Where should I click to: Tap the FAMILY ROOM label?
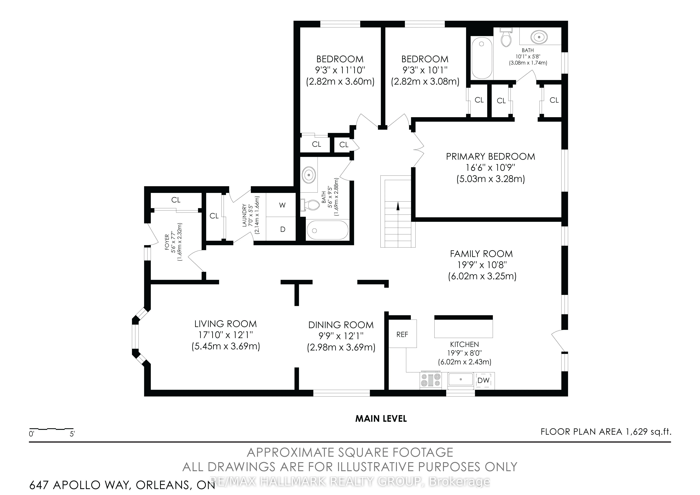[x=481, y=254]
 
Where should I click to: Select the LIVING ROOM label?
[x=226, y=324]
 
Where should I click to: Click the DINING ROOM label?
[x=341, y=325]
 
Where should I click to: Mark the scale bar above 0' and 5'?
[x=51, y=429]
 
